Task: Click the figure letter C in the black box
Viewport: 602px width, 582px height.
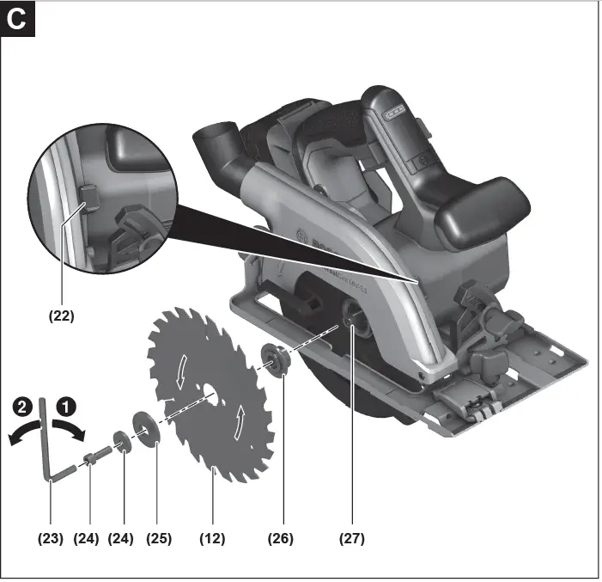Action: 18,19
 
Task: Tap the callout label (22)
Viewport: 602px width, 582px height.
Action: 60,316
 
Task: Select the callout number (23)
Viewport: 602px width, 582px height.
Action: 51,539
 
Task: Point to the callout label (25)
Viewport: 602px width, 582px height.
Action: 159,539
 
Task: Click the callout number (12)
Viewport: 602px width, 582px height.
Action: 212,539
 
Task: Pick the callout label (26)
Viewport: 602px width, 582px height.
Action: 280,539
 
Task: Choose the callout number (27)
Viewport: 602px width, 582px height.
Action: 351,539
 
